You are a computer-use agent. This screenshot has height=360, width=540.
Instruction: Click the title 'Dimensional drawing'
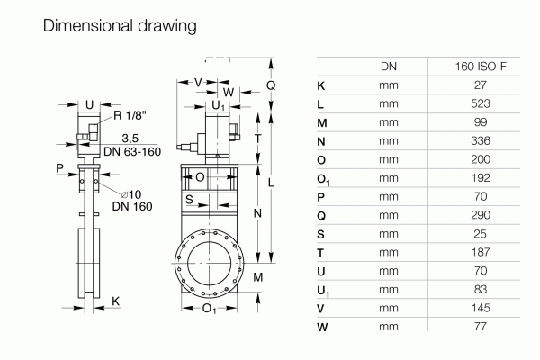(119, 26)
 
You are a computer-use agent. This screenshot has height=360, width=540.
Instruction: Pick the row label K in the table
(322, 85)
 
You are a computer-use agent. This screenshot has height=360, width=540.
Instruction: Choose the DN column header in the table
(388, 67)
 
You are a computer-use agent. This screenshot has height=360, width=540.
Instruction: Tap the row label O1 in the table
(324, 178)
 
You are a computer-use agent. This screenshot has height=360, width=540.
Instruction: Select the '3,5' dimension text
(130, 139)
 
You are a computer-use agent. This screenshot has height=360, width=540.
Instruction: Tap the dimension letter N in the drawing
(256, 213)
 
